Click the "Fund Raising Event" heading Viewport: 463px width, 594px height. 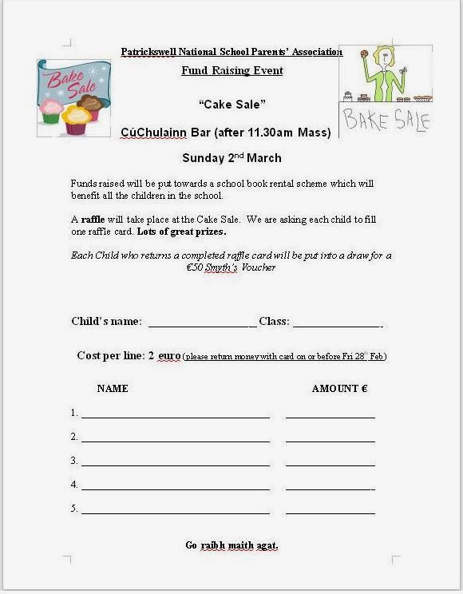231,70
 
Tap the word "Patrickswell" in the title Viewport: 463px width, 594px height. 150,52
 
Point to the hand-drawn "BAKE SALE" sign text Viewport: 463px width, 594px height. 386,121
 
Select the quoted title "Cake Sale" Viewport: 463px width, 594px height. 231,104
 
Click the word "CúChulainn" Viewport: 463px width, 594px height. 154,133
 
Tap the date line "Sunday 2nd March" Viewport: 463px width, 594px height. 231,157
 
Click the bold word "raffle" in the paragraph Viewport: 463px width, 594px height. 96,220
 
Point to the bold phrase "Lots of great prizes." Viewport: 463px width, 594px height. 181,232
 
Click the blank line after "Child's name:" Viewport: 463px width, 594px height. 202,323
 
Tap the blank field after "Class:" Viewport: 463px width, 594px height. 337,323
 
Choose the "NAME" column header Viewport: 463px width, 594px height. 113,389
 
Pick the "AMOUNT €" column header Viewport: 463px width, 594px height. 339,389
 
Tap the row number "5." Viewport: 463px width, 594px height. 73,509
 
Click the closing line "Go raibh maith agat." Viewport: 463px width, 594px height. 231,545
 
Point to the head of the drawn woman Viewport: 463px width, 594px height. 380,57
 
